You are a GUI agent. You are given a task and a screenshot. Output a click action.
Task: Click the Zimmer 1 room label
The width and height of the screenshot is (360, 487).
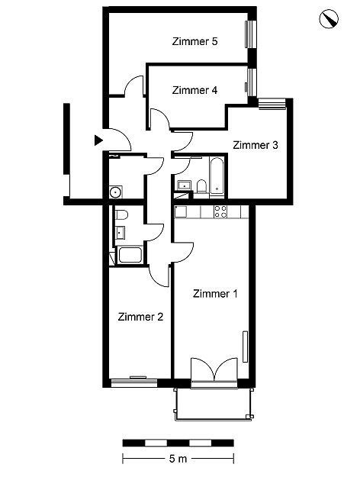coord(215,294)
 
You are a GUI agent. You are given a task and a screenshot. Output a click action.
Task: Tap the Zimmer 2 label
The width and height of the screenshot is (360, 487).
coord(140,317)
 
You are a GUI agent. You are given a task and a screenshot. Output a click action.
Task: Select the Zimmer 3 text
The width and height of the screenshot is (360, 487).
coord(255,145)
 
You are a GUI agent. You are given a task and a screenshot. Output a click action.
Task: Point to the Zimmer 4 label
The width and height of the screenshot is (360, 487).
coord(194,90)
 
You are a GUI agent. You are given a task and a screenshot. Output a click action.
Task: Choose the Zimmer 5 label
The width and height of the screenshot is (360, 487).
coord(194,41)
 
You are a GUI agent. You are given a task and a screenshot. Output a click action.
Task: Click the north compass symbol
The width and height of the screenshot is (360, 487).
coord(329,18)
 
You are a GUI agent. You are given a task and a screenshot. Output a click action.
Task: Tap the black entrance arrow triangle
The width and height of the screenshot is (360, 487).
coord(98,140)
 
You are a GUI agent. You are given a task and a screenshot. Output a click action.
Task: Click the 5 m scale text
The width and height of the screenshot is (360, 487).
coord(178,459)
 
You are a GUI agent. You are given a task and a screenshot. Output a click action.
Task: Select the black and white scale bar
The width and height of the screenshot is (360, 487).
coord(178,443)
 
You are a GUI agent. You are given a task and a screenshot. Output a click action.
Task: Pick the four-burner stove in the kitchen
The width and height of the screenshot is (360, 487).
coord(220,211)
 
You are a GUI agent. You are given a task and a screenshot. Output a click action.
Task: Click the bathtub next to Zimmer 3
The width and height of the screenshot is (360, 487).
coord(217,177)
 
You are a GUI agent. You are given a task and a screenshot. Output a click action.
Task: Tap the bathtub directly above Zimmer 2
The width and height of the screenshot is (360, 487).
coord(130,255)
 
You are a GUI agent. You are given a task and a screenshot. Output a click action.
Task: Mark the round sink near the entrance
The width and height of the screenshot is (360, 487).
coord(115,192)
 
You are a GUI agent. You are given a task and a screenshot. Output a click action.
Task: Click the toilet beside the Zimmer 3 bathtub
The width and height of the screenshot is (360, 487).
coord(201,185)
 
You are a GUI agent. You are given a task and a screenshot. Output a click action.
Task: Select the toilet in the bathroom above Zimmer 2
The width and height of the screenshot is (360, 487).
coord(122,214)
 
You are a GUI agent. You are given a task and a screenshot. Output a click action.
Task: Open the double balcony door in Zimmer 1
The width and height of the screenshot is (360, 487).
coord(214,373)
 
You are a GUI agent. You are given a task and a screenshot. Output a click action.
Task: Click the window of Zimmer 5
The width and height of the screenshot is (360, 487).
coord(251,34)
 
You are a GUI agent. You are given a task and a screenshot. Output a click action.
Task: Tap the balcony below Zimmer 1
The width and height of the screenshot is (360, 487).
coord(214,404)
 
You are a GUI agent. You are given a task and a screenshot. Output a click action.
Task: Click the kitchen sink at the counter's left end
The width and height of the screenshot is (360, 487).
coord(181,211)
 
